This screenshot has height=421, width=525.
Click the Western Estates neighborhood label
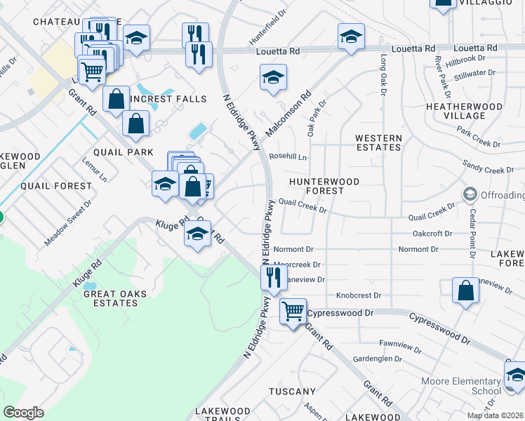tap(378, 143)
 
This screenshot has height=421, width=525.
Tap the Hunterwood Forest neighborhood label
tap(325, 186)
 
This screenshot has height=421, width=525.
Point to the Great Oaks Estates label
tap(110, 298)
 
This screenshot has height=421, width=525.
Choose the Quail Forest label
tap(56, 186)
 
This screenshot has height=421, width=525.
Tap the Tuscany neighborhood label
tap(292, 391)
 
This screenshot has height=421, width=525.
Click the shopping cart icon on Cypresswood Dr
tap(293, 310)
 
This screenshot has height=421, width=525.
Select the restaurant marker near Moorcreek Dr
tap(273, 276)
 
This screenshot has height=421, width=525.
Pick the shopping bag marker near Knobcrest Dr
tap(465, 290)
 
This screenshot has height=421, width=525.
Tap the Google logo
tap(23, 412)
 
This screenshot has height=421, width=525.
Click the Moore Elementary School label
tap(461, 386)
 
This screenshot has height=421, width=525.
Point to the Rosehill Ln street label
tap(288, 157)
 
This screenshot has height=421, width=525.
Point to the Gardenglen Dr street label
tap(378, 359)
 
